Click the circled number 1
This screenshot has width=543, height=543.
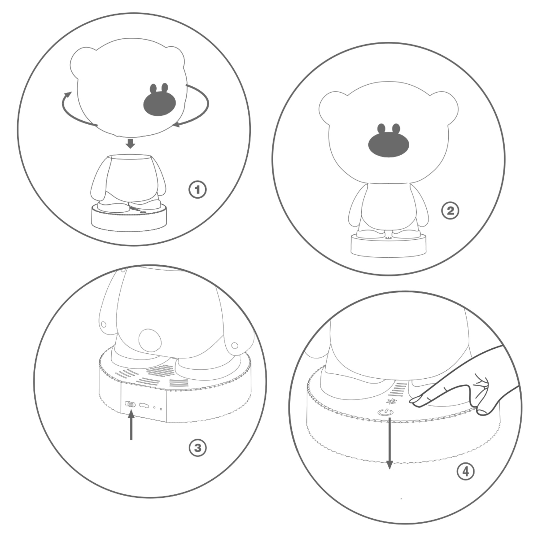(x=197, y=190)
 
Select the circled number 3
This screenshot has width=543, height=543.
(x=198, y=448)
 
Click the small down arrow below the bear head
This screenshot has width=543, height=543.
(x=130, y=143)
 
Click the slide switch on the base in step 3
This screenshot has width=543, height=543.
(x=130, y=404)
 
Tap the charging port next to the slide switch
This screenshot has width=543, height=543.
(x=144, y=405)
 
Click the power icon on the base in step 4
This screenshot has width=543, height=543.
(x=386, y=412)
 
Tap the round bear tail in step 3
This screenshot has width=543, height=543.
(x=150, y=340)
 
